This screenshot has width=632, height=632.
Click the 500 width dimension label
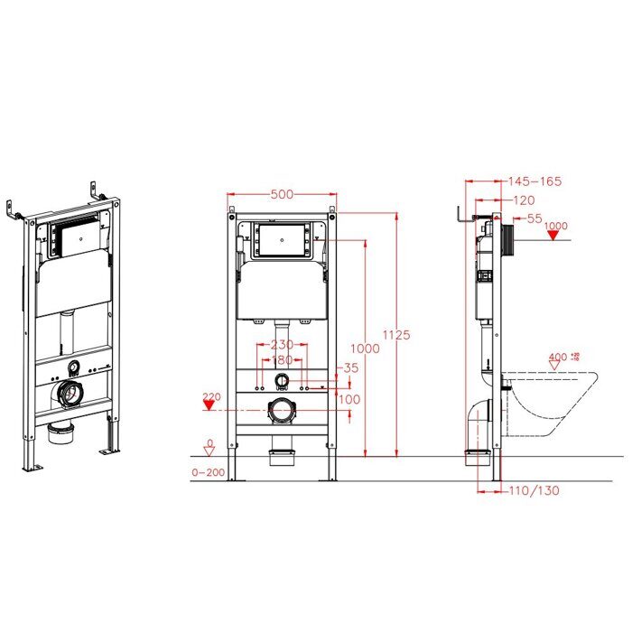point(283,182)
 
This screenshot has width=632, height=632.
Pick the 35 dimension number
point(350,367)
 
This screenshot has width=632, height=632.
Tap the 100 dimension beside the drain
point(350,398)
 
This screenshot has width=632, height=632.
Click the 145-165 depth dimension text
point(535,181)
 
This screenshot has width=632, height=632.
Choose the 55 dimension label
point(534,218)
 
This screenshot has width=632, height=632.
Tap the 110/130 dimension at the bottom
point(534,490)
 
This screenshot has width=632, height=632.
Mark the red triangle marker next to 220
point(210,408)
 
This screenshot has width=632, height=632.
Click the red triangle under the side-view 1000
point(554,237)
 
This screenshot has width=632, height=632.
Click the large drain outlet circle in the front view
point(283,412)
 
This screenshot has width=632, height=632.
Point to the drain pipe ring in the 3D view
point(70,393)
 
